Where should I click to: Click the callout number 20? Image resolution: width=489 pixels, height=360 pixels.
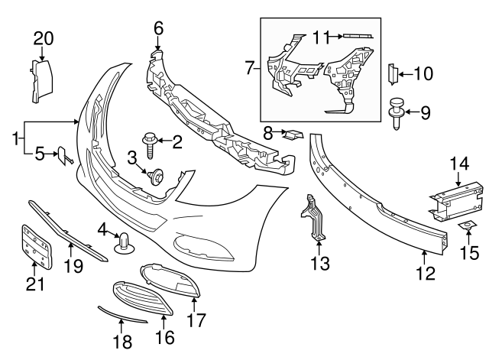click(44, 38)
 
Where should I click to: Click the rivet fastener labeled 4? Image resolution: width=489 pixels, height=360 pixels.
click(124, 242)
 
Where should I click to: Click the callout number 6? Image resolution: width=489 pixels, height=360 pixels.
click(158, 28)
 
